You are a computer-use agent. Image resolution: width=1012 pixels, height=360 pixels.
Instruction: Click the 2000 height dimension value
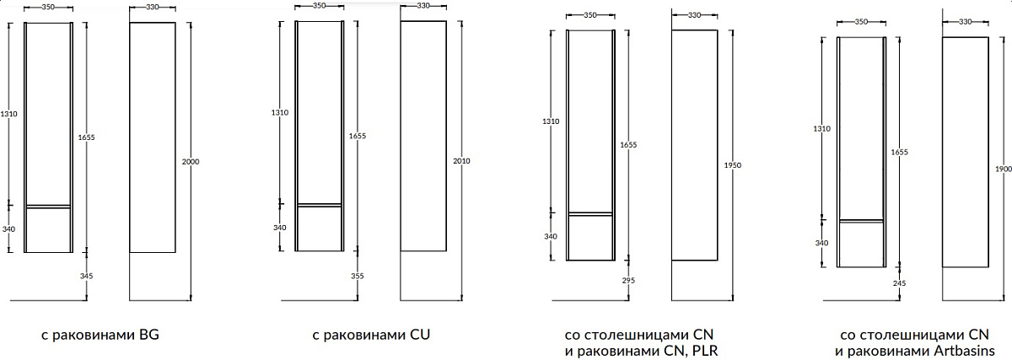click(191, 162)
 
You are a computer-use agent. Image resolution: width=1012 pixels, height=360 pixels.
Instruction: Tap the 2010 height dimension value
click(461, 161)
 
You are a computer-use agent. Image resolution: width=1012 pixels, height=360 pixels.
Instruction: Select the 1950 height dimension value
click(732, 165)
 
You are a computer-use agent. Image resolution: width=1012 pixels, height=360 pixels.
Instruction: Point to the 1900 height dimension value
click(1004, 169)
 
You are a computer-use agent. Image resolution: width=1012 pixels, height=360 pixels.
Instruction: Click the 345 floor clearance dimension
click(86, 276)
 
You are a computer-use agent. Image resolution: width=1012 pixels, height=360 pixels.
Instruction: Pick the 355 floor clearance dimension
click(358, 276)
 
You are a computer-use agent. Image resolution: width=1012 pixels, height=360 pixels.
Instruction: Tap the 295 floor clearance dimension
click(628, 281)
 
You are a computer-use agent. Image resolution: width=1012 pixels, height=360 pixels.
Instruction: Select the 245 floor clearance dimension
click(900, 283)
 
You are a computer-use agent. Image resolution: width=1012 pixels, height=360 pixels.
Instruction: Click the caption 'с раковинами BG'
click(100, 336)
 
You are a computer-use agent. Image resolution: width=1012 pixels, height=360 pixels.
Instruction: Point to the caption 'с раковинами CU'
click(371, 336)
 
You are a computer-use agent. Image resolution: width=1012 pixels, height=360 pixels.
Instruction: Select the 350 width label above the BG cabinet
click(48, 8)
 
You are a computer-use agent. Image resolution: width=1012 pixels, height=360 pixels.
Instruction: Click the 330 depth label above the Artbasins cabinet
click(965, 22)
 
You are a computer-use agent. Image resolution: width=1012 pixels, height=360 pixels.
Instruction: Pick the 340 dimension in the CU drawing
click(280, 228)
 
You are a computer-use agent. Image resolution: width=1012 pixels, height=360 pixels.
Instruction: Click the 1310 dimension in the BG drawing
click(8, 114)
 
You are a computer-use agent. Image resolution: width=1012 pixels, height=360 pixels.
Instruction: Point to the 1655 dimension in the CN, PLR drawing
click(628, 145)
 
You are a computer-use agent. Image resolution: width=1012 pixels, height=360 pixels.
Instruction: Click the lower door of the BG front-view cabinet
click(48, 230)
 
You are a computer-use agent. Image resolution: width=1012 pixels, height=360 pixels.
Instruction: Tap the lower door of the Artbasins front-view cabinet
click(862, 244)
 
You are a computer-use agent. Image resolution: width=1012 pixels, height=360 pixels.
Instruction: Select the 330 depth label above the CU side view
click(423, 6)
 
